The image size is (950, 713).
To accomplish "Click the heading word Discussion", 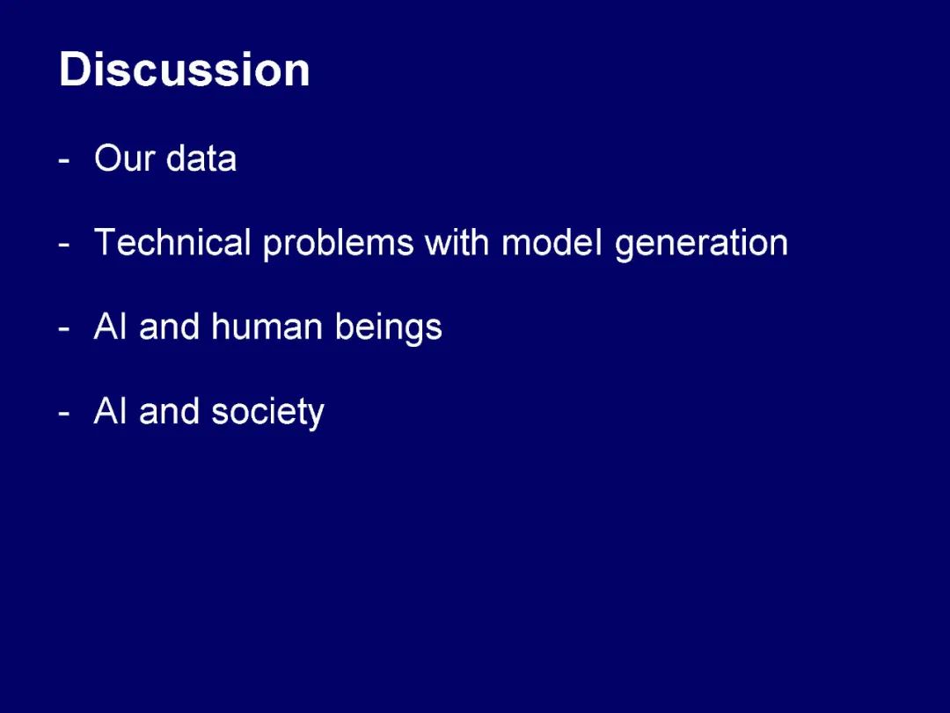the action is [x=184, y=70].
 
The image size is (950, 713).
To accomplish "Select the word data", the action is [x=201, y=158].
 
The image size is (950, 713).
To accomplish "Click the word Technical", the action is [x=172, y=242].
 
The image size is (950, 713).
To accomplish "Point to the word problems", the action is [x=338, y=245].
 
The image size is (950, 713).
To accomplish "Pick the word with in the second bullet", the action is [x=457, y=242].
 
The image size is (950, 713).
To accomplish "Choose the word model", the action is [x=552, y=242].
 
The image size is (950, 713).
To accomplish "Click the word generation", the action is [x=701, y=245].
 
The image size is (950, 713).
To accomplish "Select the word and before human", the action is [x=169, y=327].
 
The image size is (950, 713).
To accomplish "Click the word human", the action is [x=267, y=327].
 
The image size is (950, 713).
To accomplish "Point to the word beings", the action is [x=389, y=328].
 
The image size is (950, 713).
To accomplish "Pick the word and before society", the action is [x=169, y=411].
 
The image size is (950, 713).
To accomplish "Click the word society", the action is [x=267, y=414].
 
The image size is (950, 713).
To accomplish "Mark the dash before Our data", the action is [x=64, y=162].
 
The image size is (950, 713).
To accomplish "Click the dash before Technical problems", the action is [x=64, y=246].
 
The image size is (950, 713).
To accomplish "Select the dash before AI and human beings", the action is [x=64, y=330].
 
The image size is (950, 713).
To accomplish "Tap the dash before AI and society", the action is [x=64, y=415].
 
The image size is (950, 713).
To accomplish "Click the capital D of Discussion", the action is [x=74, y=70].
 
